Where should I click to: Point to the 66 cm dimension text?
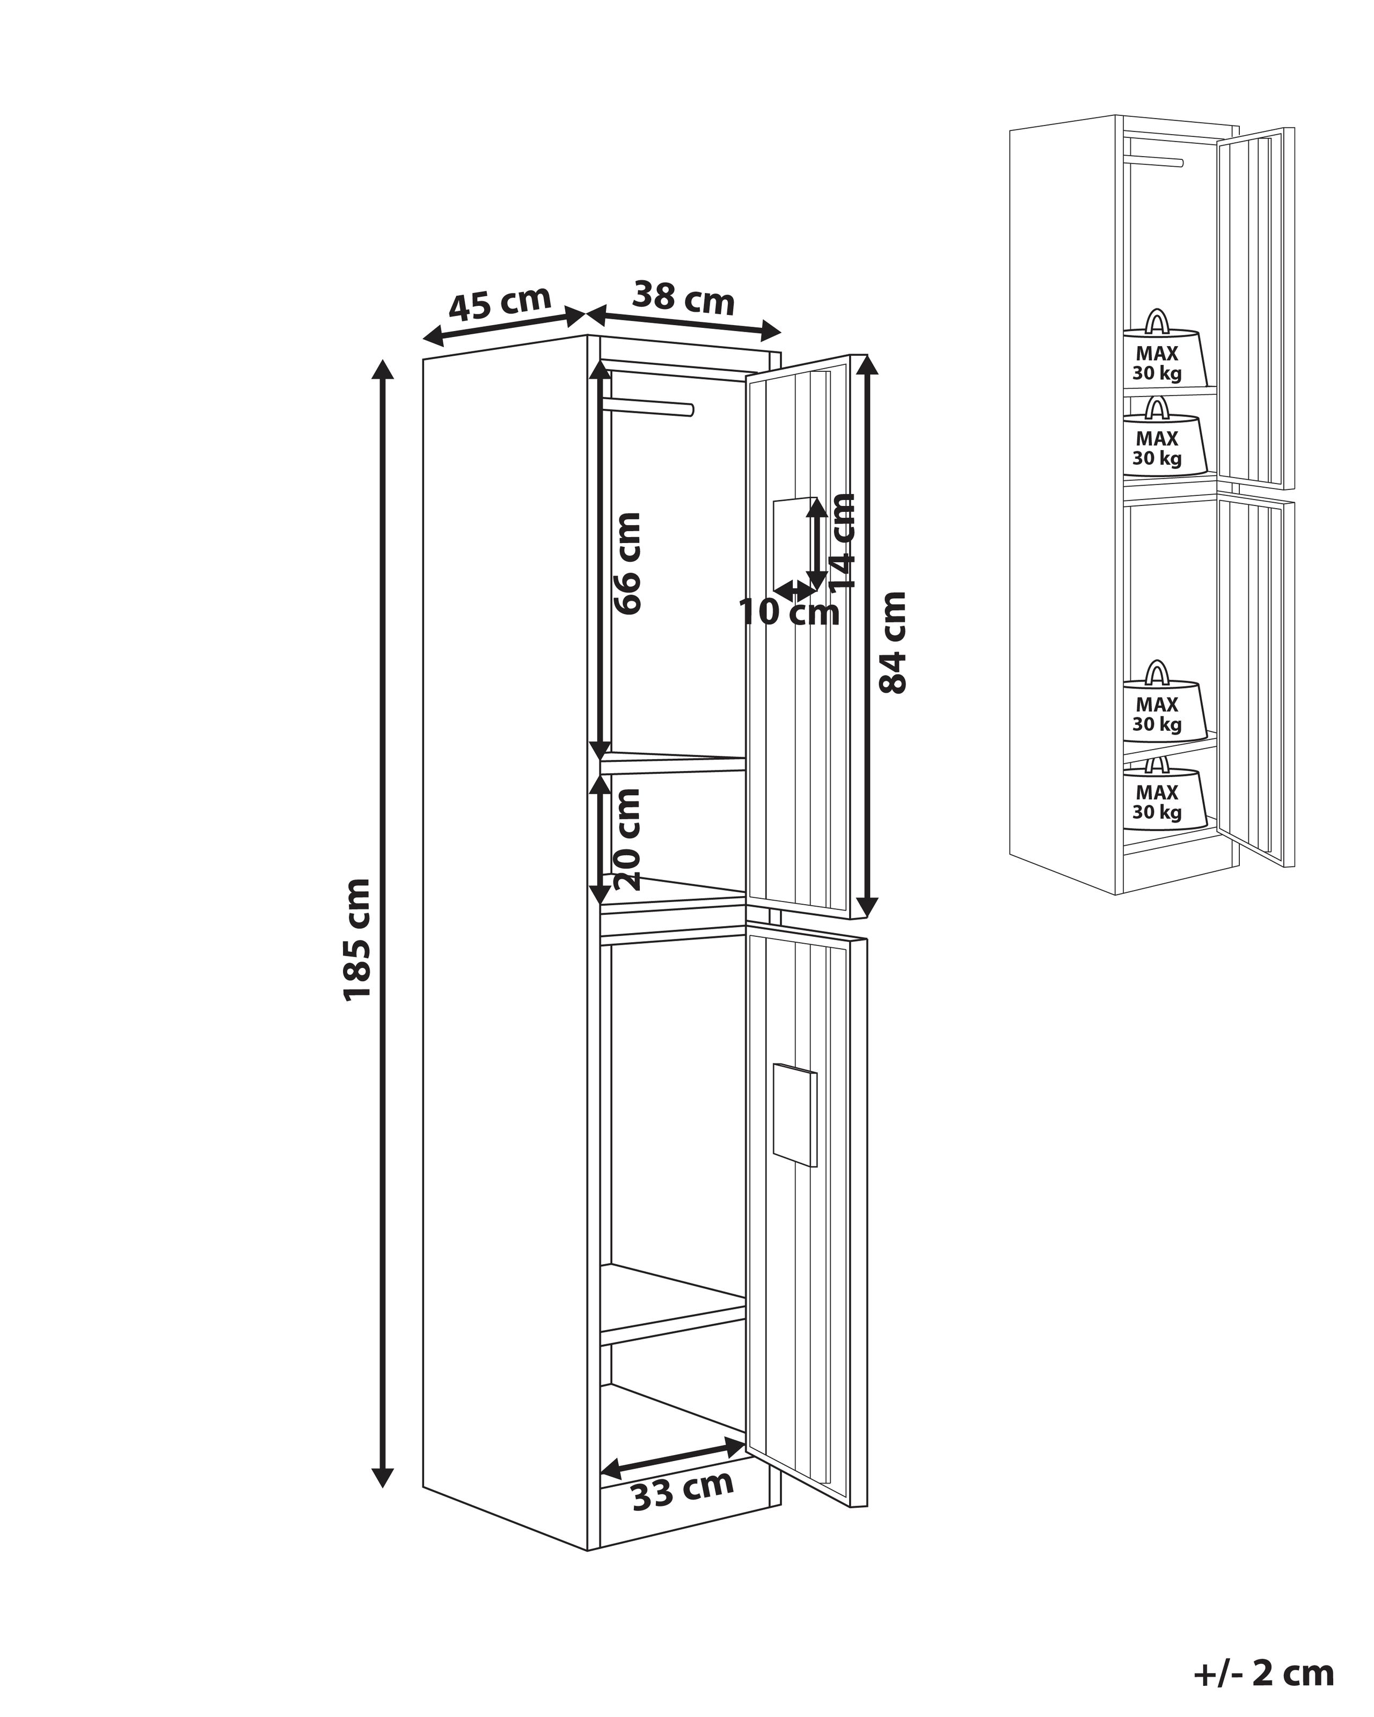coord(627,562)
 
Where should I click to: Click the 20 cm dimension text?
coord(627,839)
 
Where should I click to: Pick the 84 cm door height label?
coord(893,643)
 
